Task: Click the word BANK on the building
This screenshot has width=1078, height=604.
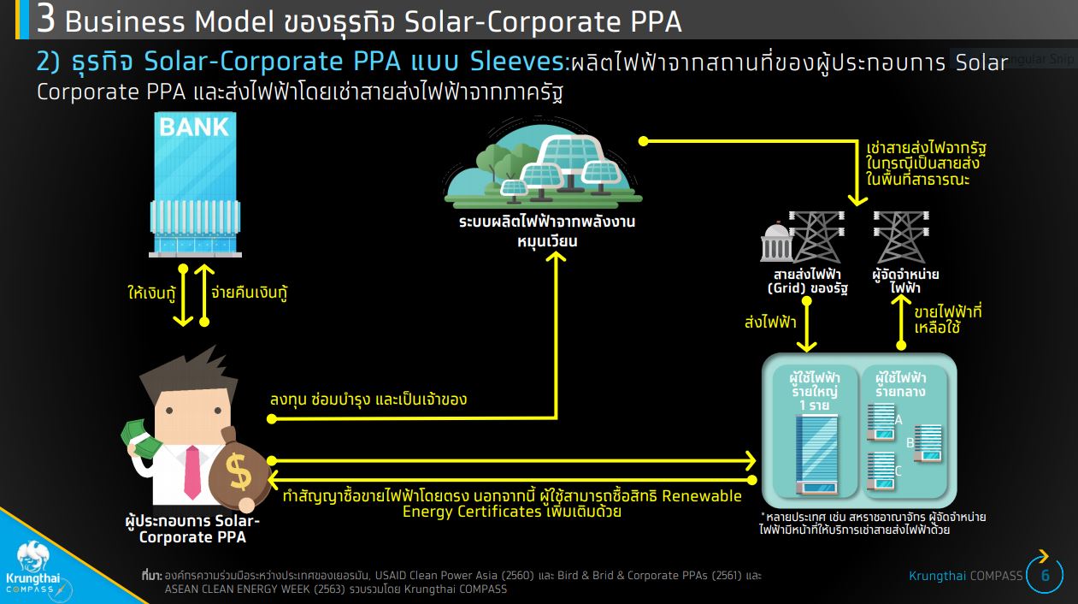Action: coord(194,127)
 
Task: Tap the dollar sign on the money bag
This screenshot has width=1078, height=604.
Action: coord(239,472)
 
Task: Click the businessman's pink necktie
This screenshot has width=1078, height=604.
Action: coord(192,471)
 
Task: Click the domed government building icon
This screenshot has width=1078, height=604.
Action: coord(775,242)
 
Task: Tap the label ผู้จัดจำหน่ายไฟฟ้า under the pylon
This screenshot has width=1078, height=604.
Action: coord(905,281)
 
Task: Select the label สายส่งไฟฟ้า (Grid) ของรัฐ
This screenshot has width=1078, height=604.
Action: coord(808,281)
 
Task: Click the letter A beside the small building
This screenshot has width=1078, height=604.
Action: coord(898,420)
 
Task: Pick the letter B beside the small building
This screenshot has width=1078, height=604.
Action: coord(910,442)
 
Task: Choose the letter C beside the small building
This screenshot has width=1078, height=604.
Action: coord(898,471)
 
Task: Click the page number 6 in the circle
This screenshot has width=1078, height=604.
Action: coord(1046,576)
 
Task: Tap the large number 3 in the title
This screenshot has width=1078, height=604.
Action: coord(45,20)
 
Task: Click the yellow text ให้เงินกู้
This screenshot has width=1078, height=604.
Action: coord(151,293)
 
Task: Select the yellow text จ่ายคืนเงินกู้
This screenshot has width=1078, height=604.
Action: coord(250,293)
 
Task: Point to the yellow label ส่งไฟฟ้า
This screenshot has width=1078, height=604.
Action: coord(770,322)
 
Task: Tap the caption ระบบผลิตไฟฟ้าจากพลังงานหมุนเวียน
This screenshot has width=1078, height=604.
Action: coord(547,231)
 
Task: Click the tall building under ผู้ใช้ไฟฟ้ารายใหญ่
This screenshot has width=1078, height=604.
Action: coord(816,454)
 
